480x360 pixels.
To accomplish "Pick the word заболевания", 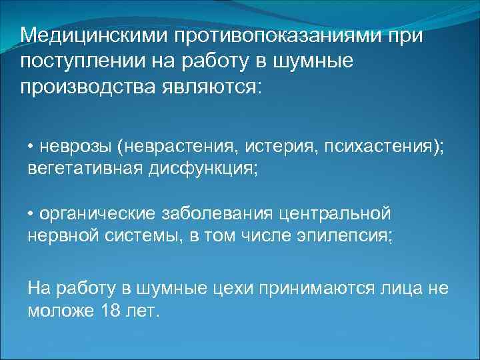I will click(x=216, y=214).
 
